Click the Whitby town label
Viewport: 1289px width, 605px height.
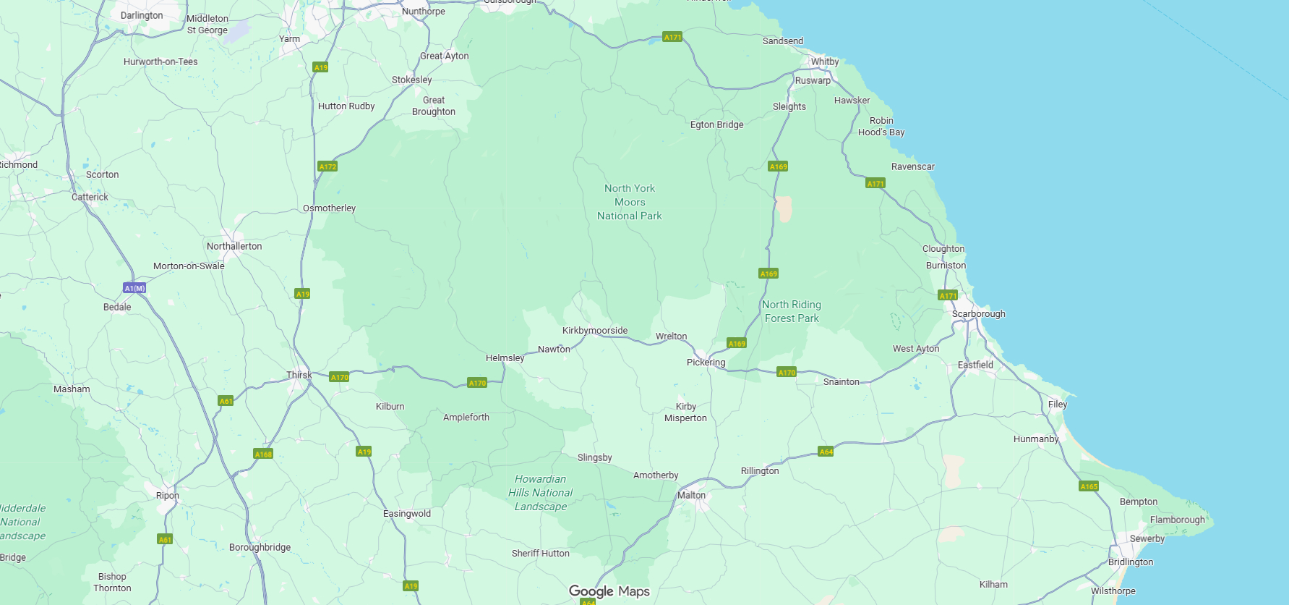824,62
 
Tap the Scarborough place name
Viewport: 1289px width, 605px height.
978,314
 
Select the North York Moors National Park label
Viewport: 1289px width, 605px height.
630,202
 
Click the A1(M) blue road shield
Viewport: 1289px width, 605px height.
134,288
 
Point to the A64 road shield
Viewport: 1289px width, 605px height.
826,452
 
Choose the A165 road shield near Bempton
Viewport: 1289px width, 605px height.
1089,486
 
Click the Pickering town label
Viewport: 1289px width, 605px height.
706,363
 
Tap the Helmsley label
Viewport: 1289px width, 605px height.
505,358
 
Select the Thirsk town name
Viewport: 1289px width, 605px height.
299,375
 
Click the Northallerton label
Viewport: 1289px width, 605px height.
234,246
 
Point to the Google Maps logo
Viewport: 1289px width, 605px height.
609,591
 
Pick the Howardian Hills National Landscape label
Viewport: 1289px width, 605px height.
540,493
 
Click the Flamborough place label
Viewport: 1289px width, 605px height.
1177,520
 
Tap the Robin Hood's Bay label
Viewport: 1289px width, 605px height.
881,127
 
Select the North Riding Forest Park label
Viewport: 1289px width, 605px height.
792,311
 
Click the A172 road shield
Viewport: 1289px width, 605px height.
327,166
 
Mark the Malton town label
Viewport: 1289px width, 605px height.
691,496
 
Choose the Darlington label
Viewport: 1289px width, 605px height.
142,15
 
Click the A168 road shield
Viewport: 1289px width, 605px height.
263,454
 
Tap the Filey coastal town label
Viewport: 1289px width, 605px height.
1057,405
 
